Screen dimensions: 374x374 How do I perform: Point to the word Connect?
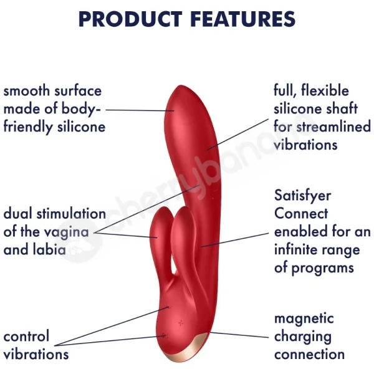pos(301,214)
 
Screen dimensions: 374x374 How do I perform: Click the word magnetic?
pos(304,319)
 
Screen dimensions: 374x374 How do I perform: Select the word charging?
pos(302,337)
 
